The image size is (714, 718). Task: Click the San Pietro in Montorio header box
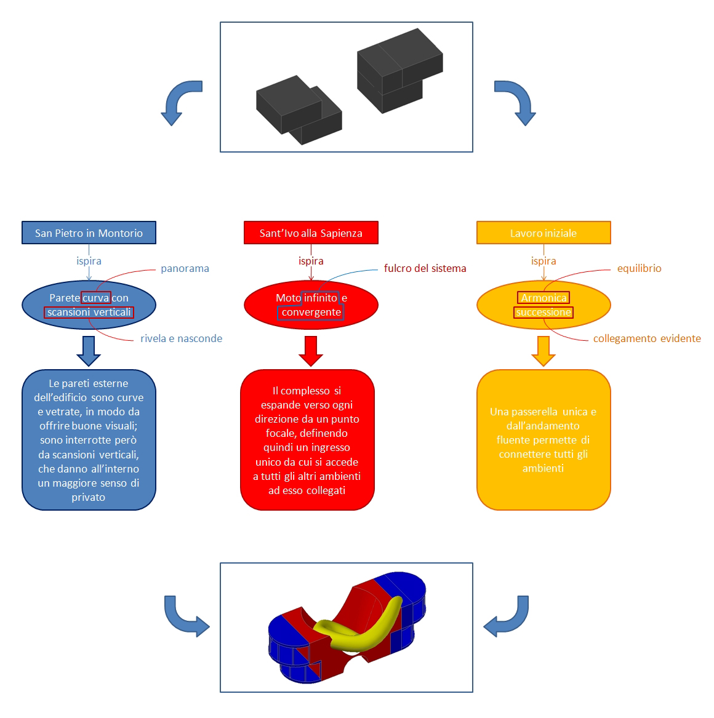click(x=89, y=233)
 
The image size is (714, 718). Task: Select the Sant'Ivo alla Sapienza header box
click(x=311, y=233)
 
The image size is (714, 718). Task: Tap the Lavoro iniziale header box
click(x=544, y=233)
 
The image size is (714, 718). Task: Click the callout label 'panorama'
click(x=185, y=268)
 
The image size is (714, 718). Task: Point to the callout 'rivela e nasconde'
click(x=181, y=338)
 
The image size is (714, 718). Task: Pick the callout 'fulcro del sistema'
click(x=425, y=268)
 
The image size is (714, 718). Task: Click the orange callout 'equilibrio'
click(x=639, y=268)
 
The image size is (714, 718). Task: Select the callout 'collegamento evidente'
click(x=646, y=338)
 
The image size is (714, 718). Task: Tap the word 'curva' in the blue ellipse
click(x=96, y=298)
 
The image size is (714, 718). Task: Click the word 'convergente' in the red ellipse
click(x=311, y=313)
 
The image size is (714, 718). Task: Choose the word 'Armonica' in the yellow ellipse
click(x=544, y=298)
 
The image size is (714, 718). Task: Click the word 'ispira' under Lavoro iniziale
click(x=544, y=261)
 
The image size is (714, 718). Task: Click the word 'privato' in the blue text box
click(x=89, y=497)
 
